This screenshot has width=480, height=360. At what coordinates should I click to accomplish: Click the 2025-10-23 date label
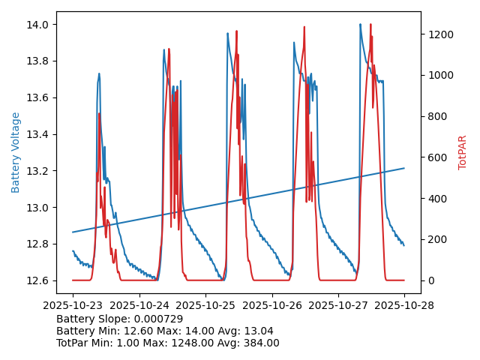click(73, 306)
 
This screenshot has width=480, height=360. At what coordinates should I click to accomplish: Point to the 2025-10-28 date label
click(404, 306)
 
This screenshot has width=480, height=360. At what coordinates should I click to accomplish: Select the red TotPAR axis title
click(463, 152)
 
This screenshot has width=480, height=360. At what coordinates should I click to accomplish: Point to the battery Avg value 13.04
click(258, 331)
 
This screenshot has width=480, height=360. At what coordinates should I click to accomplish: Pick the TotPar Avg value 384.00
click(262, 343)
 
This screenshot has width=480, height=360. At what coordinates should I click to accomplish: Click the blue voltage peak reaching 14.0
click(360, 25)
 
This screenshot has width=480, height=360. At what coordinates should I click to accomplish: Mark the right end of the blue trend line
click(404, 168)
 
